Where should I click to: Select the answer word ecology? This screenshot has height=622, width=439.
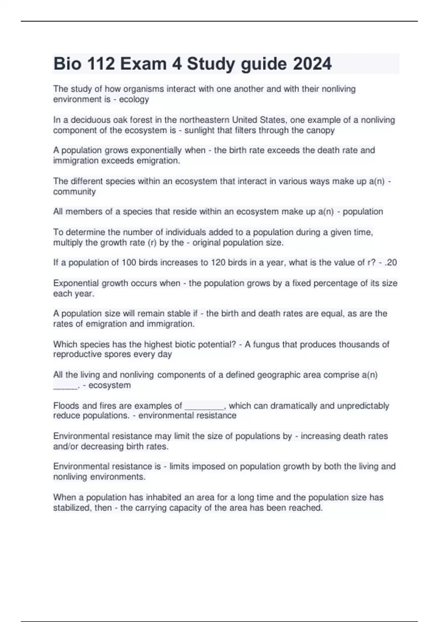(x=134, y=100)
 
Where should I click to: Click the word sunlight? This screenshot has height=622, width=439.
(x=200, y=131)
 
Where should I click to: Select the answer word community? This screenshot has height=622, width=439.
(x=74, y=192)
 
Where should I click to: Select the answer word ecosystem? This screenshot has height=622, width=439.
(x=110, y=385)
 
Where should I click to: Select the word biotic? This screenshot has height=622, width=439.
(x=180, y=344)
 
